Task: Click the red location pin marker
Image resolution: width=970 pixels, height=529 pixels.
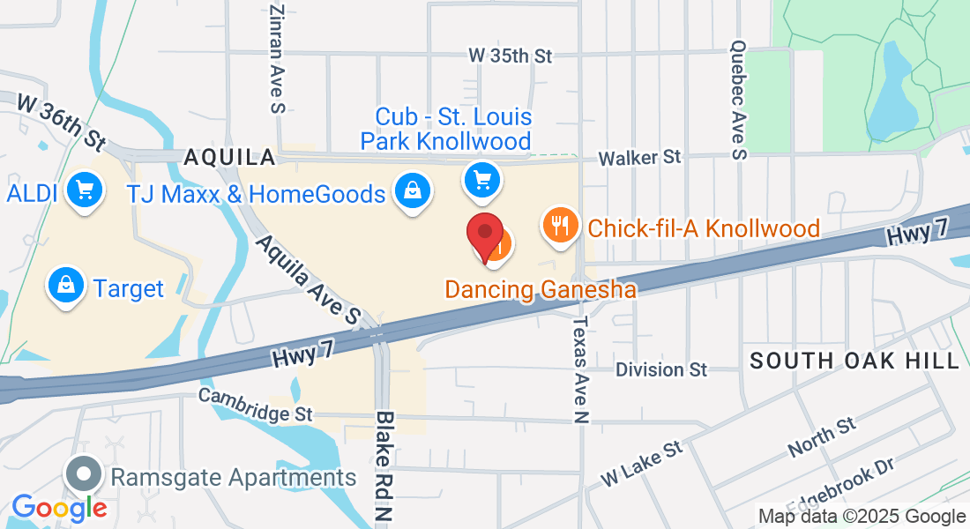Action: [484, 235]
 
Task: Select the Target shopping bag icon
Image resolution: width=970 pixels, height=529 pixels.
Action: [66, 284]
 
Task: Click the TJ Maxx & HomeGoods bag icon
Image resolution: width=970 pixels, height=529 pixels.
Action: [411, 189]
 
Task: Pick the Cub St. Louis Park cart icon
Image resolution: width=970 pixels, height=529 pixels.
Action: [481, 180]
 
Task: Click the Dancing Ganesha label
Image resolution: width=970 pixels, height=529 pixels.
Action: [540, 289]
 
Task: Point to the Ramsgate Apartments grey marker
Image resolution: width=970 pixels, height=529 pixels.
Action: [84, 474]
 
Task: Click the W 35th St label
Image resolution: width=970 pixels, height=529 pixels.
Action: [510, 56]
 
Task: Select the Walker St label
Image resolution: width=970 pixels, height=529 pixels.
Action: [640, 157]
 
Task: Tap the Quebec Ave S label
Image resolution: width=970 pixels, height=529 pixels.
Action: [739, 100]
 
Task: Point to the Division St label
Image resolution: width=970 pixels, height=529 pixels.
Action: [661, 369]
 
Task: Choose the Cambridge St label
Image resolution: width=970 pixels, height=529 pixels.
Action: [256, 404]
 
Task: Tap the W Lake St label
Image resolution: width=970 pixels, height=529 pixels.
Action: [642, 463]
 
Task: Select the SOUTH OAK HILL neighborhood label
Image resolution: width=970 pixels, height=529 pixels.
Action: [854, 361]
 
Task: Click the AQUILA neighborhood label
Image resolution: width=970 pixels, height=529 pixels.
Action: [229, 158]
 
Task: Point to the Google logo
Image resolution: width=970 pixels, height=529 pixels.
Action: [59, 508]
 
